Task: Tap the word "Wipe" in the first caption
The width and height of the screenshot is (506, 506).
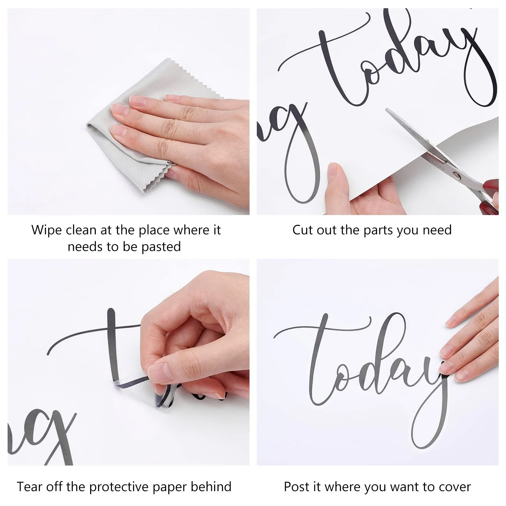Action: [46, 230]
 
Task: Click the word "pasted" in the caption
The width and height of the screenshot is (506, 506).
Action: [161, 247]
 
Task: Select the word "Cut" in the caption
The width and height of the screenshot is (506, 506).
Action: [303, 230]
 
